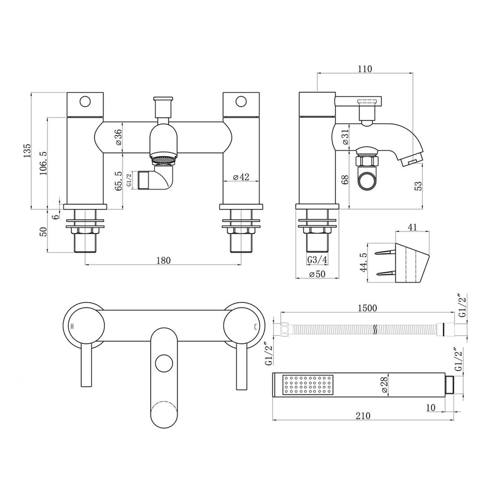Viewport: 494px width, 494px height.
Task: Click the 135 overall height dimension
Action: pos(27,151)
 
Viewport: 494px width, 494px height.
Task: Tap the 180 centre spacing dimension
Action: pos(163,260)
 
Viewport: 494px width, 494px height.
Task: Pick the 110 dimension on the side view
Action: pos(365,69)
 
